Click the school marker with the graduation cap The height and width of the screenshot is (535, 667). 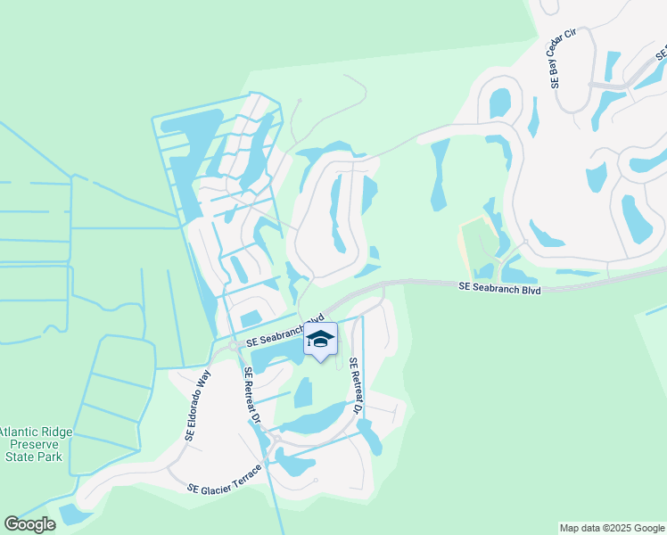(321, 340)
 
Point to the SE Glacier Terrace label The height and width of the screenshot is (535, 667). (226, 479)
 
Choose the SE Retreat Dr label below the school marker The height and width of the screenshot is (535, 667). (357, 386)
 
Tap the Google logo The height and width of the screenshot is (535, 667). (29, 524)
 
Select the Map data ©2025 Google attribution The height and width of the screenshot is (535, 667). (611, 528)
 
